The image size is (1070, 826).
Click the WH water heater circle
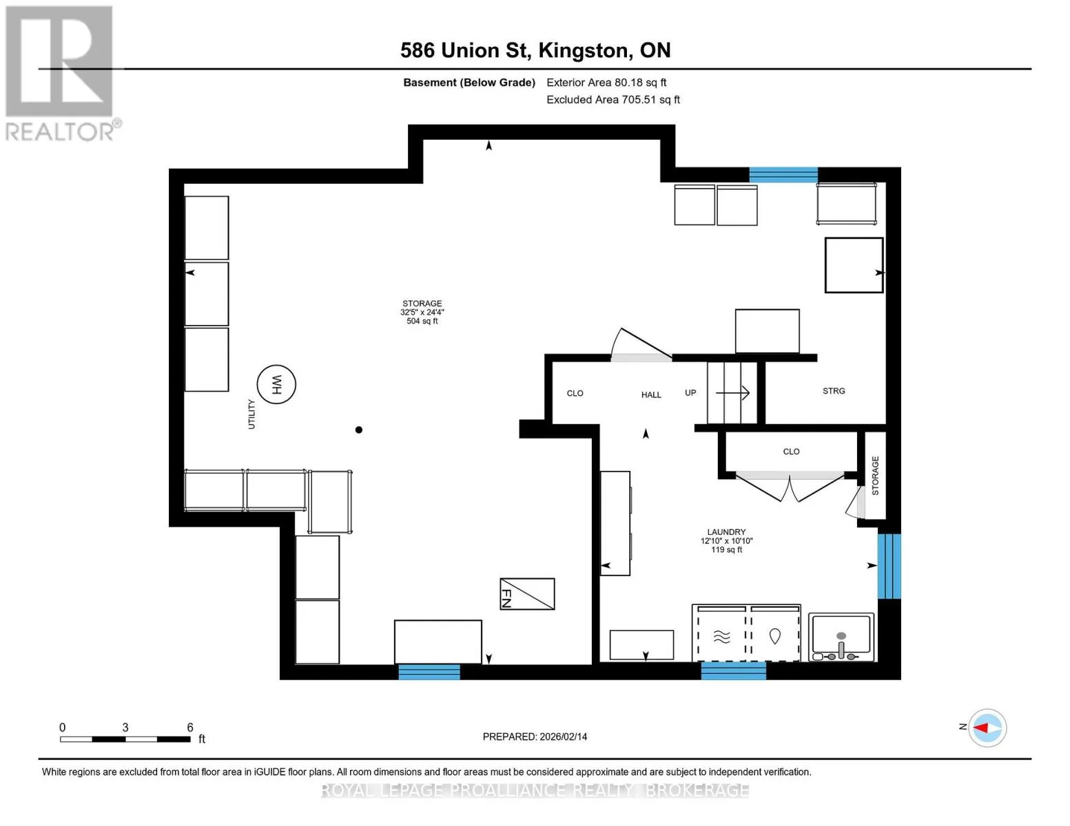tap(276, 384)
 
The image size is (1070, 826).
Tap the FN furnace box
tap(527, 594)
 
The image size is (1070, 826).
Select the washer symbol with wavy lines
tap(721, 637)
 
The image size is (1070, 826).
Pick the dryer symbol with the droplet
tap(775, 636)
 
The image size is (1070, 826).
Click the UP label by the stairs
tap(690, 392)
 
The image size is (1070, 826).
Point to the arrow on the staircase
tap(732, 392)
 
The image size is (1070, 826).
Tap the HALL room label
tap(651, 394)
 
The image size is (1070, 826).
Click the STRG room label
tap(834, 390)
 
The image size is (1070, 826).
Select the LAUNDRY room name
tap(726, 532)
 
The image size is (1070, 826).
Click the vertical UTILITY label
tap(251, 414)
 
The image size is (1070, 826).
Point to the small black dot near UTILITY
tap(359, 430)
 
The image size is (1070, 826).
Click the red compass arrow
tap(980, 728)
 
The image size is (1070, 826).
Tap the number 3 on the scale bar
tap(125, 727)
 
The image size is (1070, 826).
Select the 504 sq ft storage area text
tap(422, 321)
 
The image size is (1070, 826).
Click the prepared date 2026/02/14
tap(564, 737)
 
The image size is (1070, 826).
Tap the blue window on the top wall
tap(783, 175)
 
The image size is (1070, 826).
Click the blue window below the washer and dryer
tap(733, 671)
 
